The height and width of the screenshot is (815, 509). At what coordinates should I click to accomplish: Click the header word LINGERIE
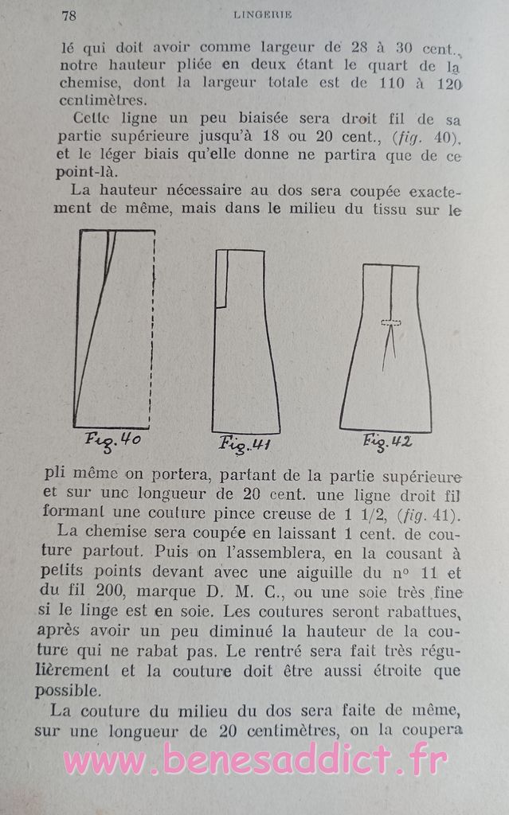(264, 14)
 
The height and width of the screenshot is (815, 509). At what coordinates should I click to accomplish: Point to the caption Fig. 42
(387, 441)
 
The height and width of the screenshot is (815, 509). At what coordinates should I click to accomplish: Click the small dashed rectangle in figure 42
(391, 322)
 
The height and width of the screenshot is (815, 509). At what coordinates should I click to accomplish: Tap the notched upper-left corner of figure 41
(221, 279)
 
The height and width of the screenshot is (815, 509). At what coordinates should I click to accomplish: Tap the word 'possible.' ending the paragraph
(75, 690)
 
